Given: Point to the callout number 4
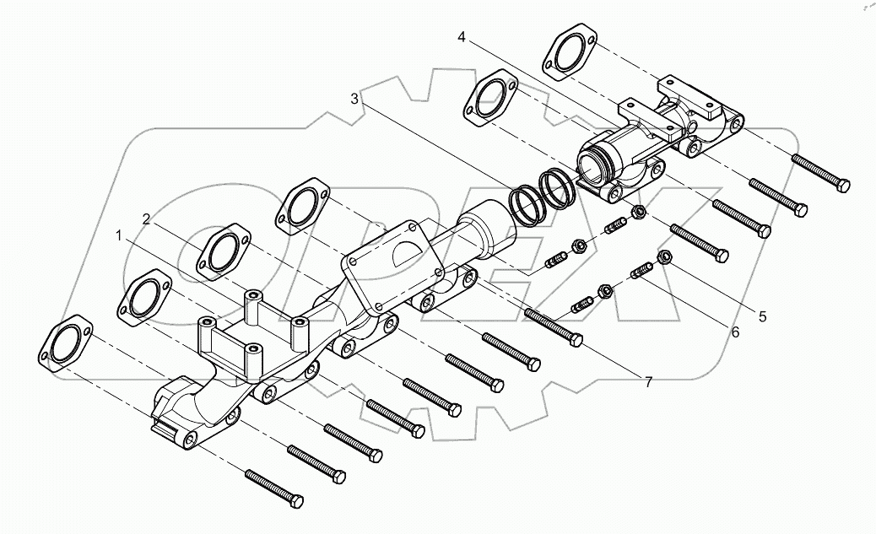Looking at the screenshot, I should pyautogui.click(x=462, y=37).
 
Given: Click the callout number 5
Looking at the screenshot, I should pyautogui.click(x=762, y=316).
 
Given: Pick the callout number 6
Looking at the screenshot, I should pyautogui.click(x=734, y=332).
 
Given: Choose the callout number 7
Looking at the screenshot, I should pyautogui.click(x=648, y=382).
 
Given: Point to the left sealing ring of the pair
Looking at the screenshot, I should pyautogui.click(x=525, y=205).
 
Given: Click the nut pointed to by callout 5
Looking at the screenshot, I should pyautogui.click(x=662, y=257).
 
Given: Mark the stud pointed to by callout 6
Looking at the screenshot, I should pyautogui.click(x=643, y=273).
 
